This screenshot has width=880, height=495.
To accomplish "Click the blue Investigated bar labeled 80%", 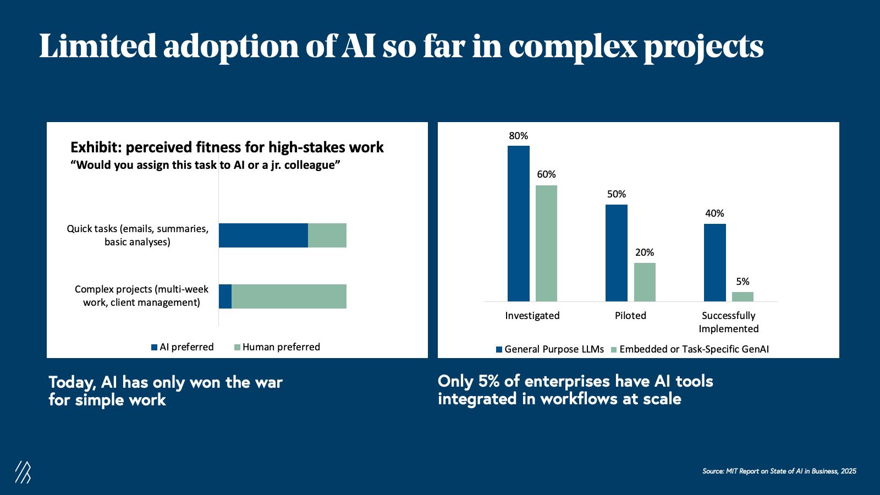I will [x=518, y=223].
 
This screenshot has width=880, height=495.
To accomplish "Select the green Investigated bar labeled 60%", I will [x=546, y=243].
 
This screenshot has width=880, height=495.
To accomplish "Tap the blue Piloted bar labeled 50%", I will [x=616, y=253].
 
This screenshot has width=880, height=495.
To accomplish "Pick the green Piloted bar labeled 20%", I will [x=645, y=282].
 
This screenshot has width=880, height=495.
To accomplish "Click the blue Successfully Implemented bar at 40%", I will [x=714, y=262].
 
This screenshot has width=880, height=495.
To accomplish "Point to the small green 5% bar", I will [x=743, y=296].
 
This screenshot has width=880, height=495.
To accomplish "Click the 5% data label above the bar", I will [x=743, y=282].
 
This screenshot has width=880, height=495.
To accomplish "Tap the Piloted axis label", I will [x=630, y=316].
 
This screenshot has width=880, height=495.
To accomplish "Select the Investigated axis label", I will [x=532, y=316].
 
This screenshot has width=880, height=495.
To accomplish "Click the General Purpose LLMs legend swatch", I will [x=499, y=349].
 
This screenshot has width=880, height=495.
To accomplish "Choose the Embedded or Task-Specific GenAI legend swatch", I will [x=614, y=349].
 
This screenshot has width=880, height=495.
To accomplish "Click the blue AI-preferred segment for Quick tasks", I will [x=263, y=235].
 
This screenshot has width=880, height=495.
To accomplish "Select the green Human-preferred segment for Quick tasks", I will [x=327, y=235].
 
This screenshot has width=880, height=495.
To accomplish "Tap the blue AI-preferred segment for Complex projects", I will [x=225, y=296].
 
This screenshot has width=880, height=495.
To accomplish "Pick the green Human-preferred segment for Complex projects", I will [x=289, y=296].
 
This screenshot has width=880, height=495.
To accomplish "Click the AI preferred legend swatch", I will [x=155, y=347].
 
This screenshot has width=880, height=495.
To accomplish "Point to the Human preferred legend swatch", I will [x=238, y=347].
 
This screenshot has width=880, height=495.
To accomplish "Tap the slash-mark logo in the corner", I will [x=23, y=472].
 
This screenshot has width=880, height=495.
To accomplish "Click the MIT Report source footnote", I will [x=779, y=471].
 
